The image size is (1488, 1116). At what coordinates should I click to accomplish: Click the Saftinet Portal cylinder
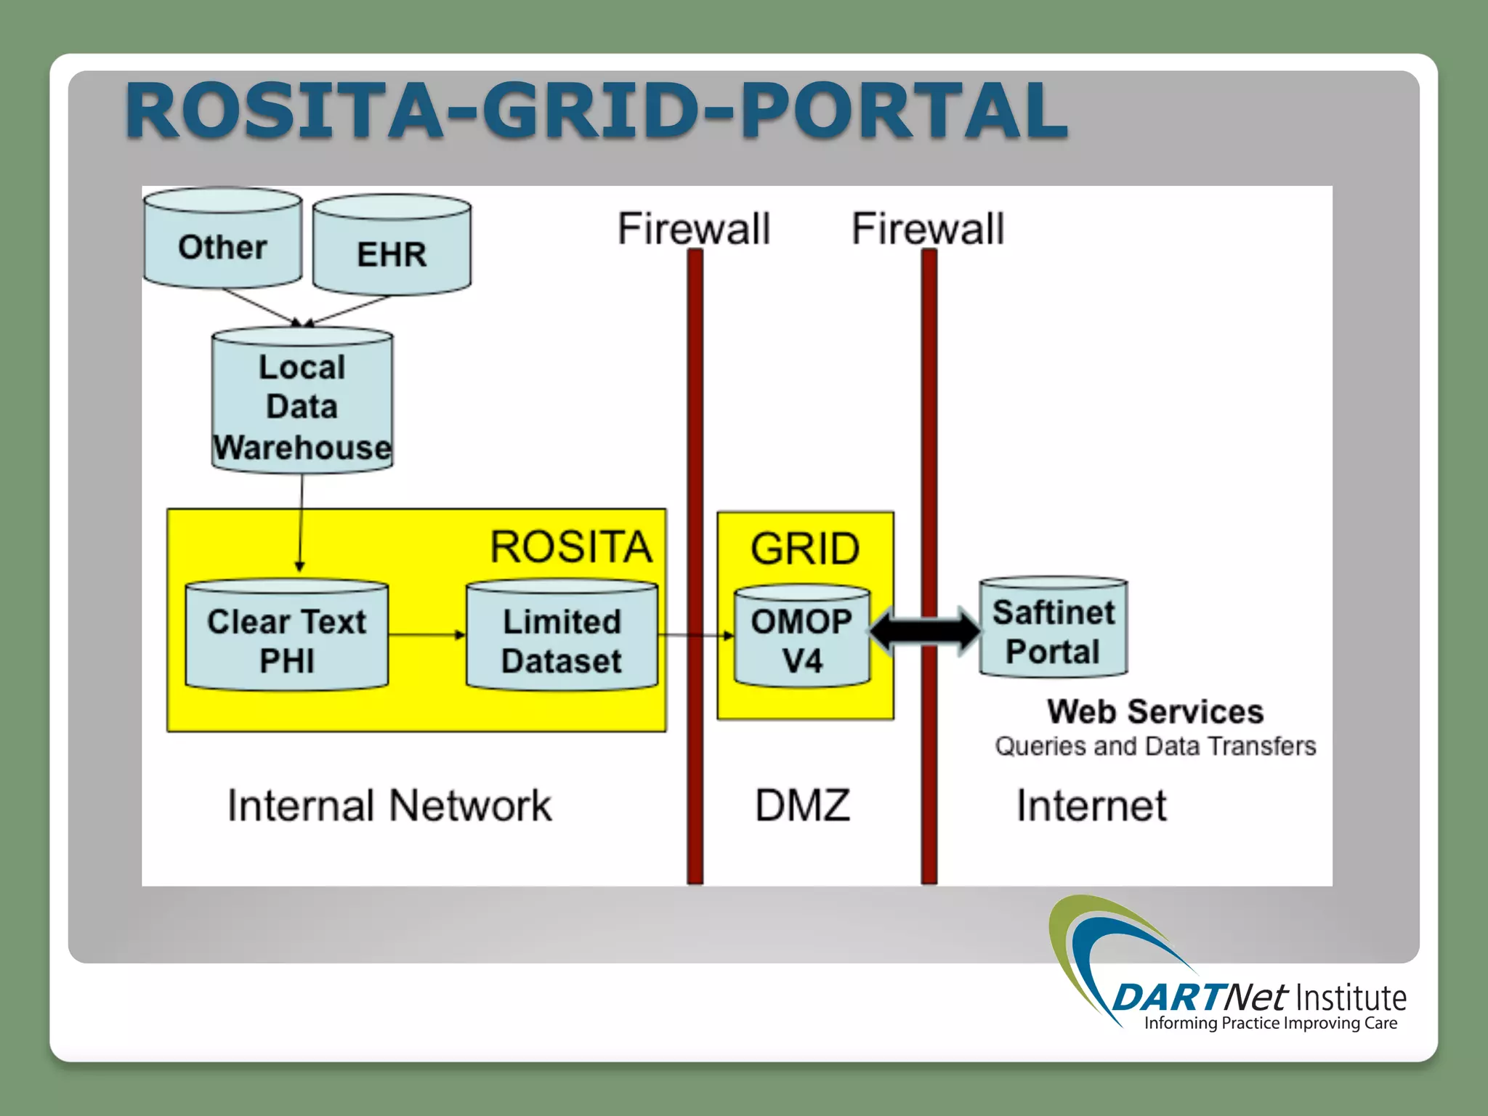point(1053,629)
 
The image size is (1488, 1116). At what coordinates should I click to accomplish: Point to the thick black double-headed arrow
point(925,631)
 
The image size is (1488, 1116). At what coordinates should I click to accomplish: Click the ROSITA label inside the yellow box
point(571,547)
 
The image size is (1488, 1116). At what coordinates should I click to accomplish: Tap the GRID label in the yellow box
point(805,549)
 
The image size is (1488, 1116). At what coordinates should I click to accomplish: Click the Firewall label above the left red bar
point(694,229)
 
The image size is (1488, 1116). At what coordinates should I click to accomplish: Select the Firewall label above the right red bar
point(928,229)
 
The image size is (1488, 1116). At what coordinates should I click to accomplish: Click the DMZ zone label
point(802,806)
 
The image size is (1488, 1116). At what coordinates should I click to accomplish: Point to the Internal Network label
point(389,806)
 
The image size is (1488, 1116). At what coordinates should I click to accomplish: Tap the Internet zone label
point(1091,806)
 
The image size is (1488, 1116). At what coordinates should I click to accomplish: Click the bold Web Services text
point(1155,712)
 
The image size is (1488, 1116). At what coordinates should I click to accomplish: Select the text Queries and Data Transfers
point(1155,746)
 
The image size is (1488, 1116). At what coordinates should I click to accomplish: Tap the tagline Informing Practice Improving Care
point(1271,1023)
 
